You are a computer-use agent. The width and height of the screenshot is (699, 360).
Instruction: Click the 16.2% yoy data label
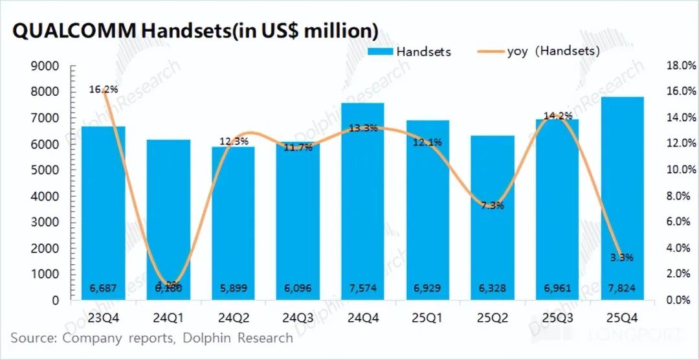(104, 89)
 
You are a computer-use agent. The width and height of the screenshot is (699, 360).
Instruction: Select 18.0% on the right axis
(680, 66)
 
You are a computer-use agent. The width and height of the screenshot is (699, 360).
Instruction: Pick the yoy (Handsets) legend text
(553, 51)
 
